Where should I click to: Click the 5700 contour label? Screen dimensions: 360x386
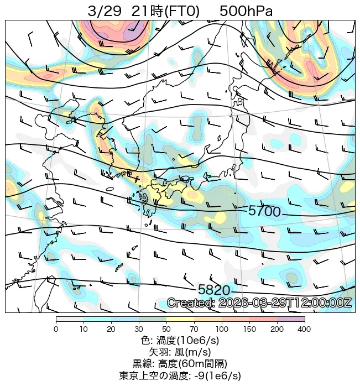pyautogui.click(x=264, y=211)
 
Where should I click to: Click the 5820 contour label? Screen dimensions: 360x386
pyautogui.click(x=214, y=290)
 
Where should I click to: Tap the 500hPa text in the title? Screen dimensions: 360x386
pyautogui.click(x=246, y=11)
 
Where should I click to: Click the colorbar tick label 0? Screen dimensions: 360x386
pyautogui.click(x=56, y=329)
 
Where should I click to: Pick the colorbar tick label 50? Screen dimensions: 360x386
pyautogui.click(x=166, y=329)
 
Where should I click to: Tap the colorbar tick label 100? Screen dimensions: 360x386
pyautogui.click(x=222, y=329)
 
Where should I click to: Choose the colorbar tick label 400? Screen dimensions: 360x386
pyautogui.click(x=304, y=329)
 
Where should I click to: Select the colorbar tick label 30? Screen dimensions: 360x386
pyautogui.click(x=139, y=329)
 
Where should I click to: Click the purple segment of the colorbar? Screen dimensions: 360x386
pyautogui.click(x=291, y=319)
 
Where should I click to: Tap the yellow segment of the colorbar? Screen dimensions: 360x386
pyautogui.click(x=180, y=319)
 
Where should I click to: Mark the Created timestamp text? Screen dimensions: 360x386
pyautogui.click(x=259, y=303)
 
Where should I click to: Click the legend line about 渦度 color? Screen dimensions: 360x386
pyautogui.click(x=180, y=340)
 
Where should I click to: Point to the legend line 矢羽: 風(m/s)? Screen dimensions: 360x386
pyautogui.click(x=180, y=352)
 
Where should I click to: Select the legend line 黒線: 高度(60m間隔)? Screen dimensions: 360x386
pyautogui.click(x=180, y=363)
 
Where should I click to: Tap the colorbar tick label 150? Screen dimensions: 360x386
pyautogui.click(x=249, y=329)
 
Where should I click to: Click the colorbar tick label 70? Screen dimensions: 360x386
pyautogui.click(x=194, y=329)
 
